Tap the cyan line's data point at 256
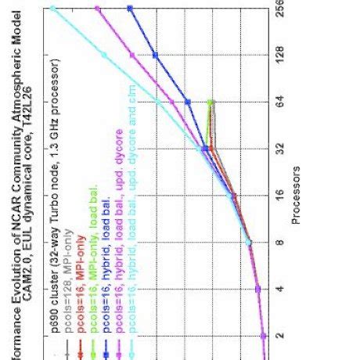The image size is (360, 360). click(x=52, y=9)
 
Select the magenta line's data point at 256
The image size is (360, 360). click(x=97, y=9)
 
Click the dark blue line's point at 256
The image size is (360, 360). click(x=130, y=9)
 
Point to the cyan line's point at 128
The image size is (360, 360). click(x=104, y=55)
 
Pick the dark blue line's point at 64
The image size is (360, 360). click(x=188, y=102)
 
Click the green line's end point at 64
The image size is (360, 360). click(x=211, y=103)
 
